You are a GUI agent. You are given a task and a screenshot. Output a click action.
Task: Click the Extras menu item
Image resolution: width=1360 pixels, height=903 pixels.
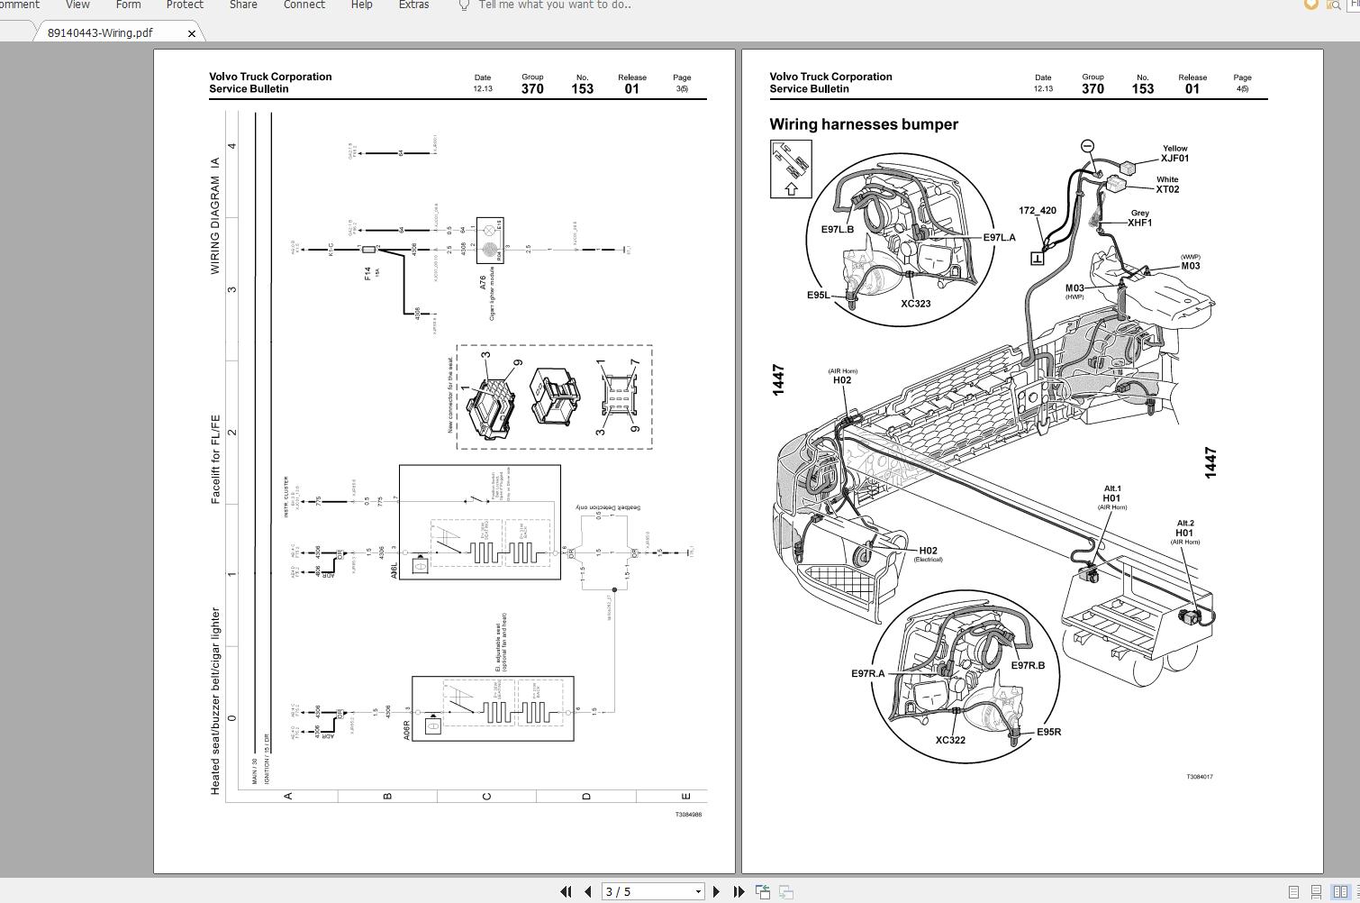(413, 5)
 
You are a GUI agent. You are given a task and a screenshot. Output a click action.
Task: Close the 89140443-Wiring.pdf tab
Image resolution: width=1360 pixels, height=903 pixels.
(191, 33)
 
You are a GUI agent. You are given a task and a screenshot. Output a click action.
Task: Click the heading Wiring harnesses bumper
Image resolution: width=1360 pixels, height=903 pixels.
(863, 124)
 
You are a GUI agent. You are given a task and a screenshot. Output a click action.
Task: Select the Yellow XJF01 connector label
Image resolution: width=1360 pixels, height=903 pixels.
(1174, 154)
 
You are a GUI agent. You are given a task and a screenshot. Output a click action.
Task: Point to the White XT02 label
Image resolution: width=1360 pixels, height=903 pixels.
(1167, 185)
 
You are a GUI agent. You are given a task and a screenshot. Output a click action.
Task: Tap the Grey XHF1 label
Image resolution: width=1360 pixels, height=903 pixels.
(1139, 218)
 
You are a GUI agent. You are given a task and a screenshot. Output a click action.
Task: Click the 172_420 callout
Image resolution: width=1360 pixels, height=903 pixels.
(1037, 211)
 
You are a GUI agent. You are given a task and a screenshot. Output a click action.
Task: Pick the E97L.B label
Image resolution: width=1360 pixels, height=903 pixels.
(837, 229)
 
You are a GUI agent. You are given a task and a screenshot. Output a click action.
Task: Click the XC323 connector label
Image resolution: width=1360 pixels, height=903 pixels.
(915, 304)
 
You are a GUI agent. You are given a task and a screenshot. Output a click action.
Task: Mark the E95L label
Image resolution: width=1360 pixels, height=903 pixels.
(818, 295)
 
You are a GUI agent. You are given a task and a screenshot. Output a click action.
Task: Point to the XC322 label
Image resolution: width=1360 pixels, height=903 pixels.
(949, 740)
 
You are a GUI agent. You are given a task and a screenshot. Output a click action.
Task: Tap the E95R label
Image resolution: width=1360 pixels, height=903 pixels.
(1048, 732)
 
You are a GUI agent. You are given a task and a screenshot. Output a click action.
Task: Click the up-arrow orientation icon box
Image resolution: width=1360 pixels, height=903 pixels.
(791, 169)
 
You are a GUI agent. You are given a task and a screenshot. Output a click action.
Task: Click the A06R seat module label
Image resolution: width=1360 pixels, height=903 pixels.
(407, 730)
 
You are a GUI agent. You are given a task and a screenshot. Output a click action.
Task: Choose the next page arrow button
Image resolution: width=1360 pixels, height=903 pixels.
(716, 891)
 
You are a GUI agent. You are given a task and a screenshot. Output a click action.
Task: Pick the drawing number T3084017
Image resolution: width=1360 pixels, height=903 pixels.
(1199, 776)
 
